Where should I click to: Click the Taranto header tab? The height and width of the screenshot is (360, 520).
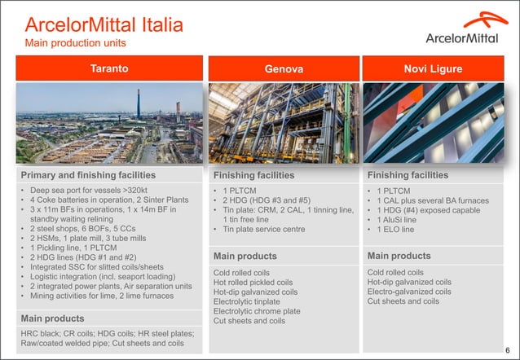click(108, 69)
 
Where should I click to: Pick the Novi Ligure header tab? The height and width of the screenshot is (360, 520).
click(433, 69)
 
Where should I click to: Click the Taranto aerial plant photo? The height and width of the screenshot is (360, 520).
click(108, 123)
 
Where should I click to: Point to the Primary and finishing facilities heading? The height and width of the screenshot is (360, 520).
click(88, 175)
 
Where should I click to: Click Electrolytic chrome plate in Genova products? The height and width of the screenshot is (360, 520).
click(257, 311)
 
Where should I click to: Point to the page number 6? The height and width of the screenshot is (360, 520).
click(507, 349)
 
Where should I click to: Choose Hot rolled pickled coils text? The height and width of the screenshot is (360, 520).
click(253, 282)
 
